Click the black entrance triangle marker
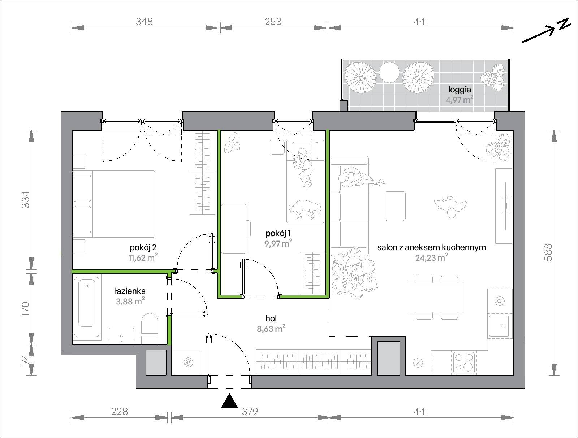(230, 401)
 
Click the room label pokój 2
(143, 248)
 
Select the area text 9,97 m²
(278, 243)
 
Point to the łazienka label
(130, 291)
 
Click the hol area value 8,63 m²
(271, 329)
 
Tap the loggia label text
(460, 90)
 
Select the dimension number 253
(273, 21)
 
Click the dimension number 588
(548, 253)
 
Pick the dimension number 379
(250, 411)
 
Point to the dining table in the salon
(437, 298)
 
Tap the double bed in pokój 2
(113, 204)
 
